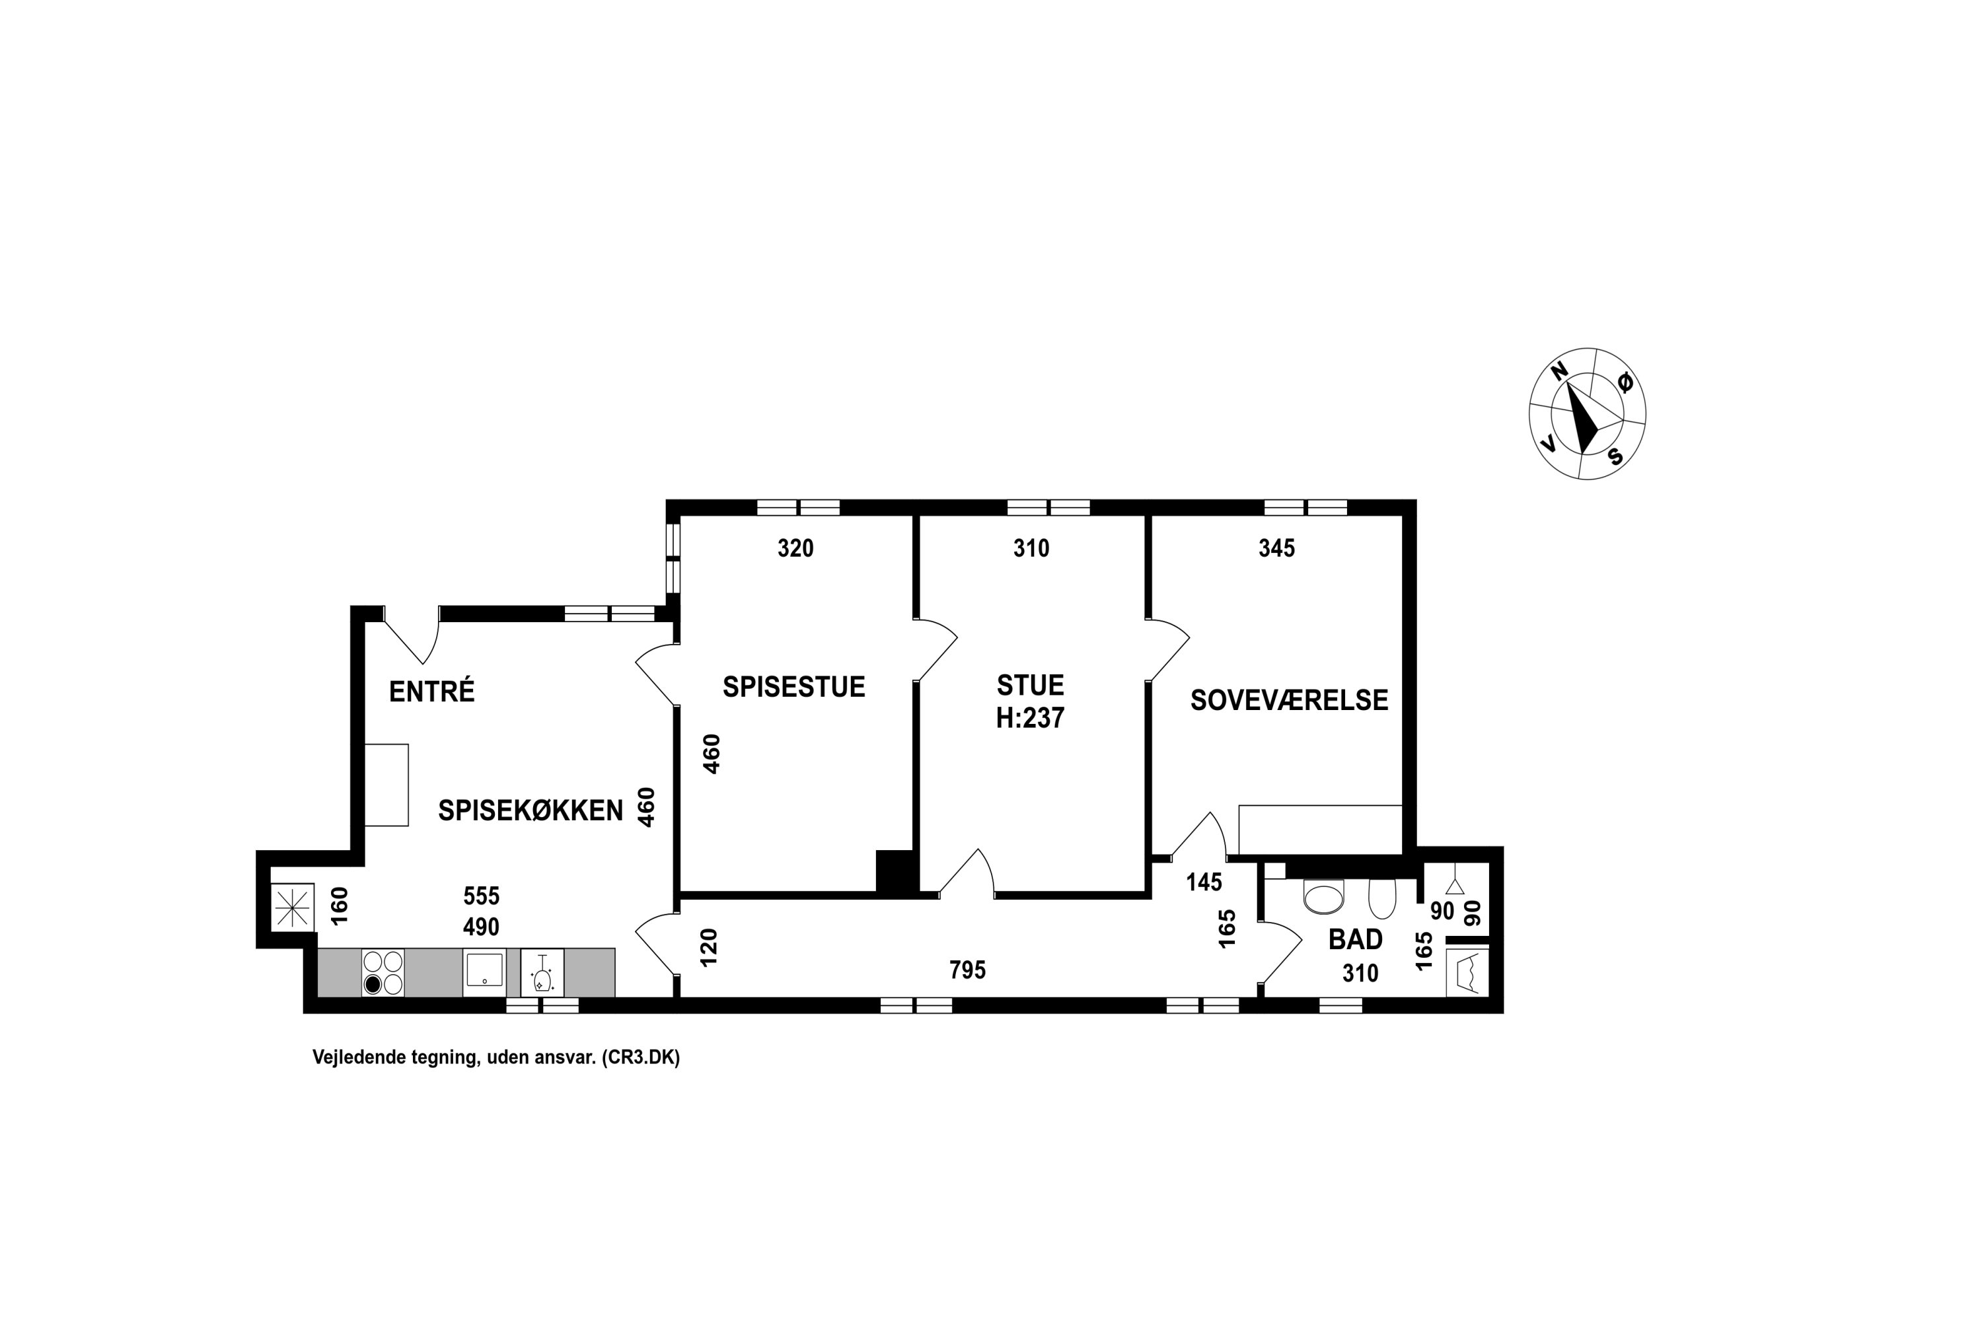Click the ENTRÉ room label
[431, 691]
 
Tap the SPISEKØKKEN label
[530, 810]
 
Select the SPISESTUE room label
[794, 687]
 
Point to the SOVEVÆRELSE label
[1288, 700]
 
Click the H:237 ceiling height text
[1030, 718]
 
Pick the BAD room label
[1355, 939]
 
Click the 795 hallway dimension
[967, 970]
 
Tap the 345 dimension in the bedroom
[1276, 548]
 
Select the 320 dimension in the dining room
[795, 548]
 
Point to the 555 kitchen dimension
[481, 895]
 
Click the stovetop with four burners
[383, 972]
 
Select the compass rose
[1588, 413]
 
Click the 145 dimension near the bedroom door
[1204, 882]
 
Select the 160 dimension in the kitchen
[340, 906]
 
